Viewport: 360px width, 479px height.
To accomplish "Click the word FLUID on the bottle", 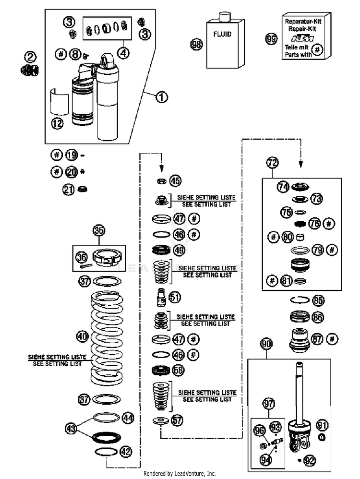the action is tap(222, 34).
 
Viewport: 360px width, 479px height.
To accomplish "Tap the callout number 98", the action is tap(196, 45).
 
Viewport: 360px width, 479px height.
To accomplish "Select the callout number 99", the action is tap(271, 39).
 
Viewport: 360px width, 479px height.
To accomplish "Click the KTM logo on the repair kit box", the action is tap(302, 38).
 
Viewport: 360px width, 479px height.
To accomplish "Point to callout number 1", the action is tap(162, 97).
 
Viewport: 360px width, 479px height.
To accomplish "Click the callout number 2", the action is tap(30, 57).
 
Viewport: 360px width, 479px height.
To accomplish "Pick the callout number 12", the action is tap(57, 123).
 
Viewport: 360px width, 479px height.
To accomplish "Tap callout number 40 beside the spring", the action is tap(82, 336).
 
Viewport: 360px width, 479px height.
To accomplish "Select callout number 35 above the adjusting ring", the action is tap(99, 230).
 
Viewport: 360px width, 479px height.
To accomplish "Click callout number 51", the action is tap(175, 297).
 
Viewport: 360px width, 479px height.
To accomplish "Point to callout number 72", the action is tap(273, 163).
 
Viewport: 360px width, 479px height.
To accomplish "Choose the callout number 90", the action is tap(266, 344).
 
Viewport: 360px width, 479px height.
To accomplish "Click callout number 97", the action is tap(269, 404).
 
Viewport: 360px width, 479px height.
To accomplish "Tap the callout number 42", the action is tap(126, 452).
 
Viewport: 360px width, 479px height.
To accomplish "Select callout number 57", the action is tap(177, 420).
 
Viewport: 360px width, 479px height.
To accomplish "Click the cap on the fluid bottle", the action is tap(225, 17).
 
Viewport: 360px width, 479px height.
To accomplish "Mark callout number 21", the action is tap(69, 190).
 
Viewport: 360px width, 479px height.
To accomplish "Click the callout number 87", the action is tap(317, 339).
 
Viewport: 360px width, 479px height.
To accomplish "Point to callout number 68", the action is tap(179, 371).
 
